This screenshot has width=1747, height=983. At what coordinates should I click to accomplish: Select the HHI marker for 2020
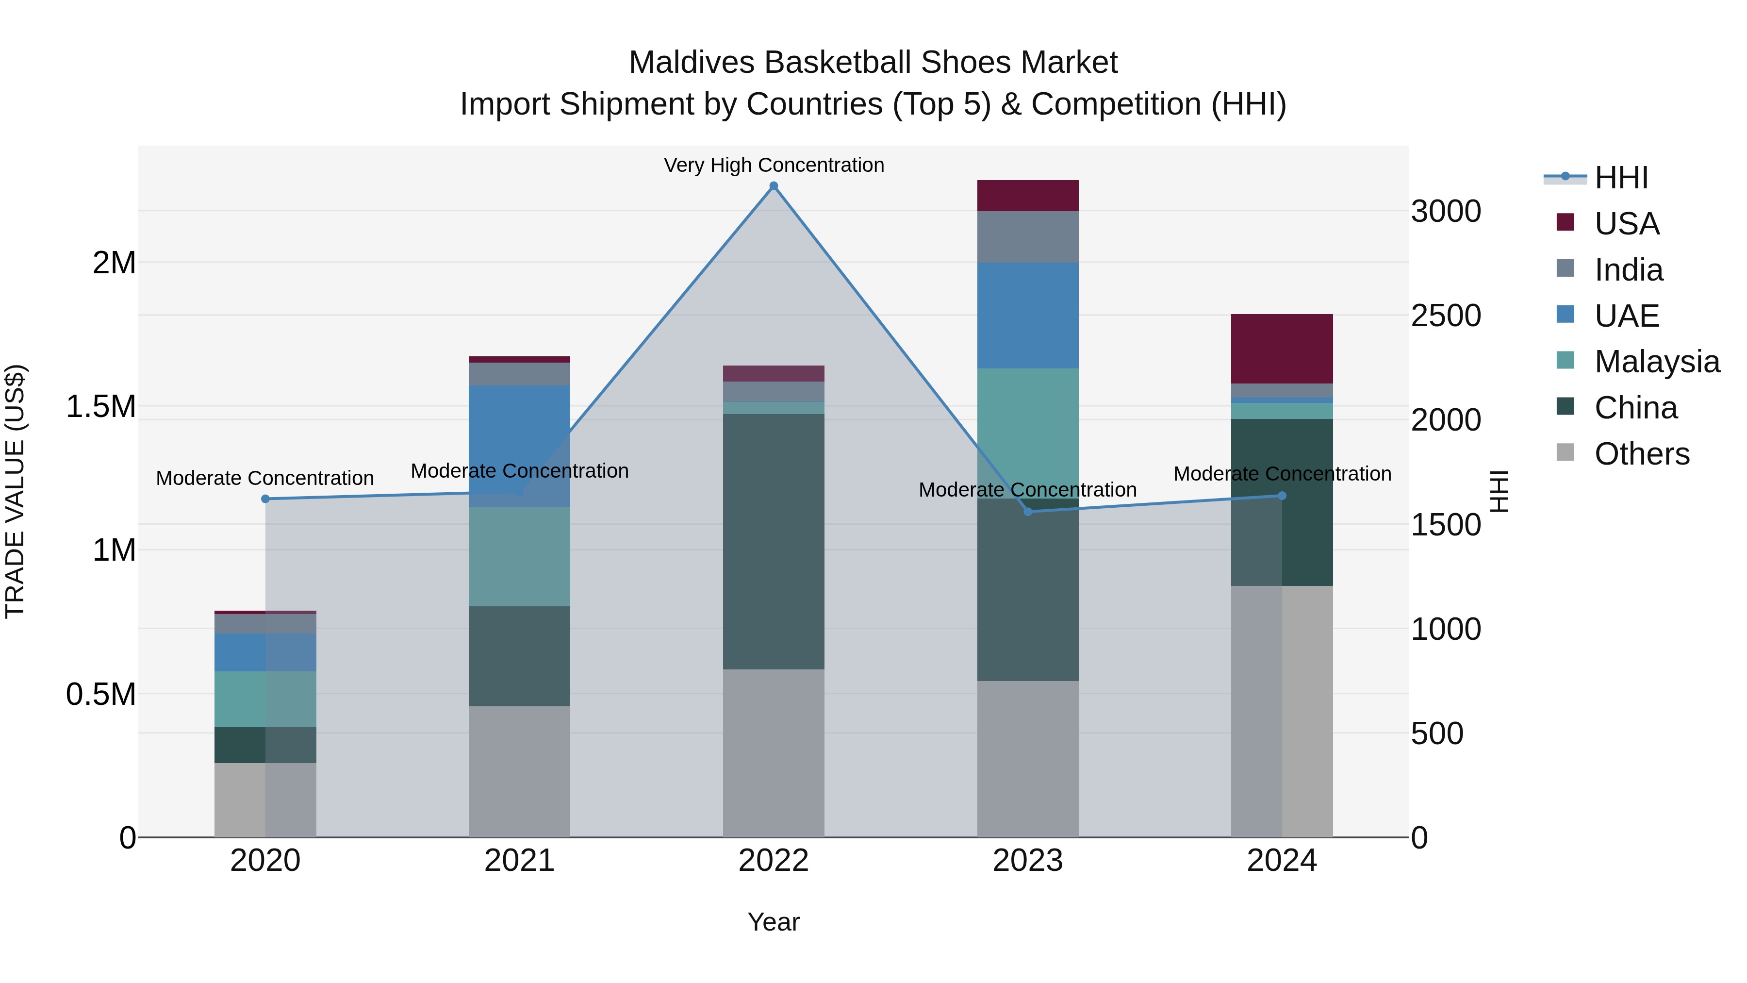265,500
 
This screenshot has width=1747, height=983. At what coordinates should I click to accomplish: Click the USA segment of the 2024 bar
1282,349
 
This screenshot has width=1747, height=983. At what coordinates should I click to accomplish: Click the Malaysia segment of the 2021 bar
519,556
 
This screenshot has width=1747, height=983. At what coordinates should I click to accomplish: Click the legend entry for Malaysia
1657,362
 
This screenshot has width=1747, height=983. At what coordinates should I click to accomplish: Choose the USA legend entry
1626,224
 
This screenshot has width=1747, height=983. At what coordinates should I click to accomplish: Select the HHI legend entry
1621,178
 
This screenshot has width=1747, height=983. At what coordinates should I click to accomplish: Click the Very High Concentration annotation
774,165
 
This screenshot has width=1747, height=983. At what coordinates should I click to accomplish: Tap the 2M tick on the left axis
114,263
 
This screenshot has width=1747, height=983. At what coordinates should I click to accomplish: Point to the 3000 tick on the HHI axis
1446,212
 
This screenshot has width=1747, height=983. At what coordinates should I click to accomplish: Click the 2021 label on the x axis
519,861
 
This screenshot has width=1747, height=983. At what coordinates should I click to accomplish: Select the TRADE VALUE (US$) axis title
15,491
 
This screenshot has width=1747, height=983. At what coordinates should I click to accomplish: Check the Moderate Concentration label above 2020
265,478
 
